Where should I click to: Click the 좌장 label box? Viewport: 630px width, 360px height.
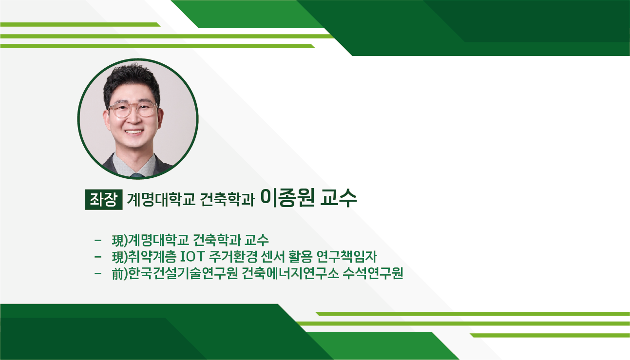point(104,200)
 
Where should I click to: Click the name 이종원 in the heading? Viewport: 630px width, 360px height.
point(287,198)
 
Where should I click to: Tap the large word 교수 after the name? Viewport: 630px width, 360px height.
point(339,198)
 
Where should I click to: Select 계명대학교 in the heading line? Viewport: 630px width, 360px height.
point(161,199)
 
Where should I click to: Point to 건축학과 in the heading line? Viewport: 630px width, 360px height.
point(227,199)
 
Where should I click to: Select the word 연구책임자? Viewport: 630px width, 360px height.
point(346,256)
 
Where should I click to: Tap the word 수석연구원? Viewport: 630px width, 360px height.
point(373,273)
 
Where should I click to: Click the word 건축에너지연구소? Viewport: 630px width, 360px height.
point(290,273)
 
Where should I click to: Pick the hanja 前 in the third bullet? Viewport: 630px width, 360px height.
point(117,273)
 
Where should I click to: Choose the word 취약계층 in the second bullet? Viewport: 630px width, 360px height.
point(153,256)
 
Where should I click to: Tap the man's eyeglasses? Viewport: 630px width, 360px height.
point(133,110)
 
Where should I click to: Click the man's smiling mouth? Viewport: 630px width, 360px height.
point(134,132)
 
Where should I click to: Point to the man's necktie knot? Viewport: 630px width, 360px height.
point(137,175)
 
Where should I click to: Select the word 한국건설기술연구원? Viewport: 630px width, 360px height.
point(183,273)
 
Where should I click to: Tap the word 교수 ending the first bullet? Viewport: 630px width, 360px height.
point(256,240)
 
